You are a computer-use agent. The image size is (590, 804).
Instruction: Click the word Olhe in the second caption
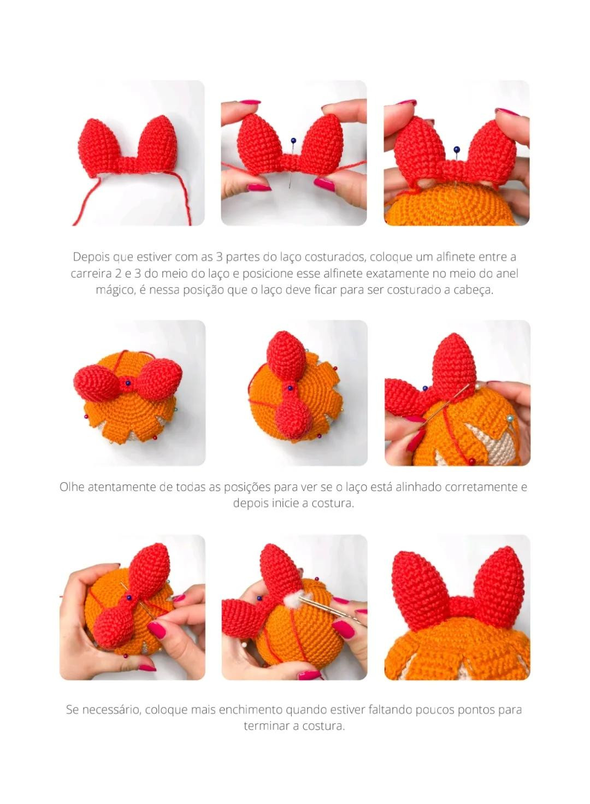click(x=72, y=487)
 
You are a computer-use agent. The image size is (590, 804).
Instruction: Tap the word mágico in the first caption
click(x=115, y=290)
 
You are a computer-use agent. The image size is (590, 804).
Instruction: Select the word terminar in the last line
click(x=266, y=726)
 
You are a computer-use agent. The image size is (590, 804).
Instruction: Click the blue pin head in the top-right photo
click(x=456, y=149)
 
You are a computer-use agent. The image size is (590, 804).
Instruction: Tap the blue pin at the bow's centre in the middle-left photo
click(x=127, y=383)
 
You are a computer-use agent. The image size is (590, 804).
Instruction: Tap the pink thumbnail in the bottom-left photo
click(x=157, y=630)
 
